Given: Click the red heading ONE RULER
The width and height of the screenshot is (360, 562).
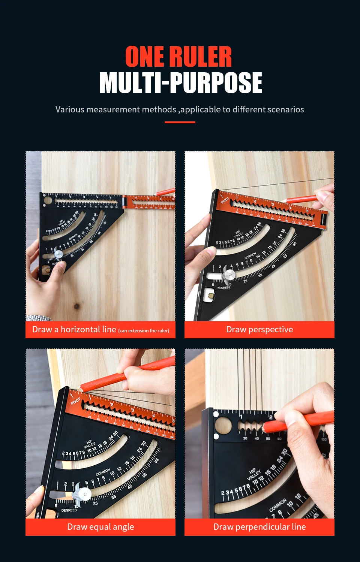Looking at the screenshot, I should coord(178,57).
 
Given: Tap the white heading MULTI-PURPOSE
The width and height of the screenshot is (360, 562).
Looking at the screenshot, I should coord(180,83).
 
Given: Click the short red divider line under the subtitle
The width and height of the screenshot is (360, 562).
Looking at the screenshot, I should coord(180,122).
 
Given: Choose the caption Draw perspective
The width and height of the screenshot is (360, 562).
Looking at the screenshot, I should coord(259,329).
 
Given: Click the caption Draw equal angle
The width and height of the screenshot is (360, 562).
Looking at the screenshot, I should coord(100,527).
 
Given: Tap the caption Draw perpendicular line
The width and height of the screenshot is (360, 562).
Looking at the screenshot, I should coord(259,527).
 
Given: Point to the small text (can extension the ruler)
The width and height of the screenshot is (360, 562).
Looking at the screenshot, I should coord(144,330).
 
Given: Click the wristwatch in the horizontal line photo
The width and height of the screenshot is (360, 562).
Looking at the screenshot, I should coord(37,318).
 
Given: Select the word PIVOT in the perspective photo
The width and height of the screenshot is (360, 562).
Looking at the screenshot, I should coord(225,200).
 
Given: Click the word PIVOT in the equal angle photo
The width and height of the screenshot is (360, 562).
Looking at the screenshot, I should coord(75,401).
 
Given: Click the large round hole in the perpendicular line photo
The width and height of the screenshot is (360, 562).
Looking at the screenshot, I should coord(223,426).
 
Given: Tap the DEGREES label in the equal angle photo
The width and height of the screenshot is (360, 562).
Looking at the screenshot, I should coord(69,510).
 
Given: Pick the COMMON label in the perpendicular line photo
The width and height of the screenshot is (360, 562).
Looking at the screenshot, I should coord(277,505).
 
